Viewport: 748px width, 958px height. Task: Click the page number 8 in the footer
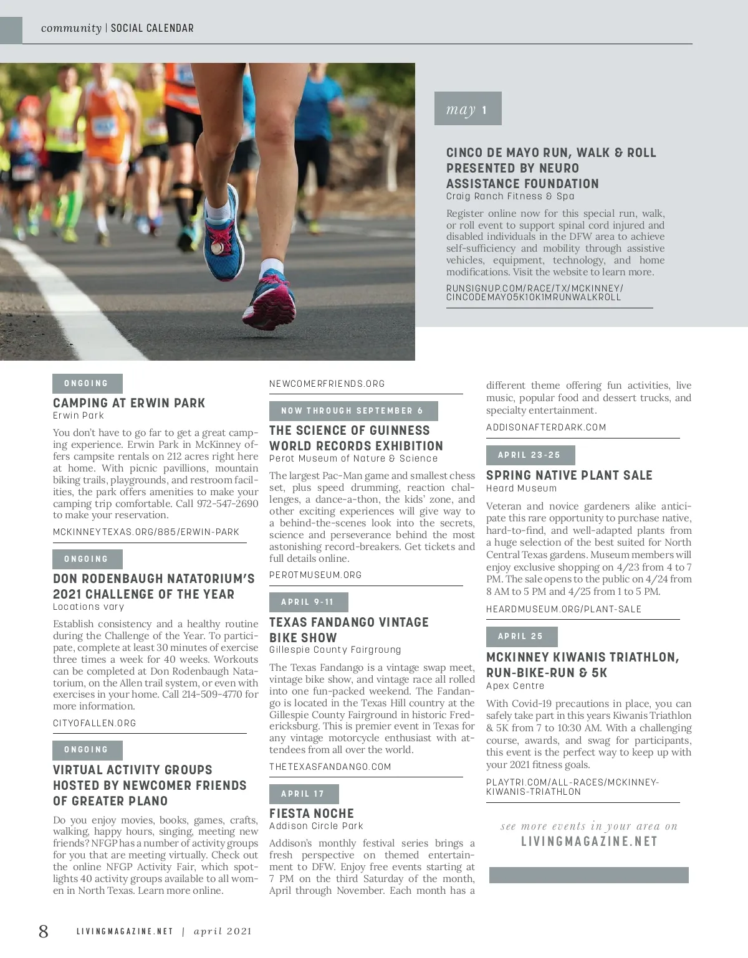[43, 931]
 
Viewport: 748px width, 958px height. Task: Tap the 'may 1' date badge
[467, 109]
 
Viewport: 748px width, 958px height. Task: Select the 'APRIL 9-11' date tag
[308, 602]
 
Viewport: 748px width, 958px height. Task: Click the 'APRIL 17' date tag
[304, 794]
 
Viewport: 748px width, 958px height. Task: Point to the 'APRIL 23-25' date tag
[530, 455]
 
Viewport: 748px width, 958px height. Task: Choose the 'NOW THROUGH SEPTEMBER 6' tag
[353, 411]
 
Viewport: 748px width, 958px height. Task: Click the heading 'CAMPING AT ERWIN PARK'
[129, 403]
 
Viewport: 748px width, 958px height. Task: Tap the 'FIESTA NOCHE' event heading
[312, 813]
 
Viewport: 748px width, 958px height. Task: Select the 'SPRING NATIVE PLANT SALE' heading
[569, 475]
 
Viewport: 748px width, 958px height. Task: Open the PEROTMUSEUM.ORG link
[315, 575]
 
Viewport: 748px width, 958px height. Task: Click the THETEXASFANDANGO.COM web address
[330, 767]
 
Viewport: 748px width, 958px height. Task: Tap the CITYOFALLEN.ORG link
[94, 723]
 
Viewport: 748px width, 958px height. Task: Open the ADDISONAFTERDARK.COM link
[546, 427]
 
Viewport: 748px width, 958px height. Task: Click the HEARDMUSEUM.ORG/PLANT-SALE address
[563, 609]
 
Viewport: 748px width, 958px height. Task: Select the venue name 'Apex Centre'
[515, 686]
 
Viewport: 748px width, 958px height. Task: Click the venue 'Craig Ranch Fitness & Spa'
[510, 196]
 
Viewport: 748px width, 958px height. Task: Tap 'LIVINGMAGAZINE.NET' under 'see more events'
[589, 842]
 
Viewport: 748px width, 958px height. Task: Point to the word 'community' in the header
[71, 28]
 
